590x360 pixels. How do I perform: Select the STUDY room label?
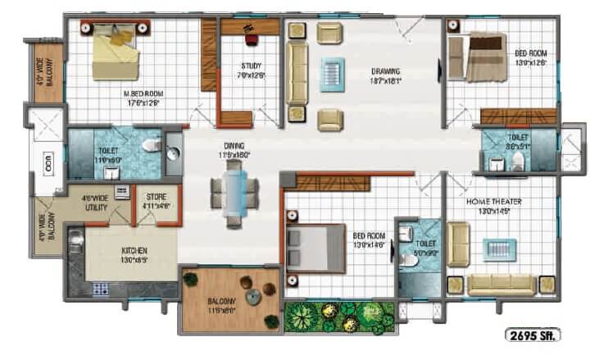coord(252,71)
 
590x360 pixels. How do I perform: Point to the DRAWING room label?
coord(385,75)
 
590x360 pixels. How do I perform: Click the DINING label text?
coord(233,149)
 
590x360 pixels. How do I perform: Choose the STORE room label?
coord(156,202)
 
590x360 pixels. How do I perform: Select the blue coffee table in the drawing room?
coord(334,71)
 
